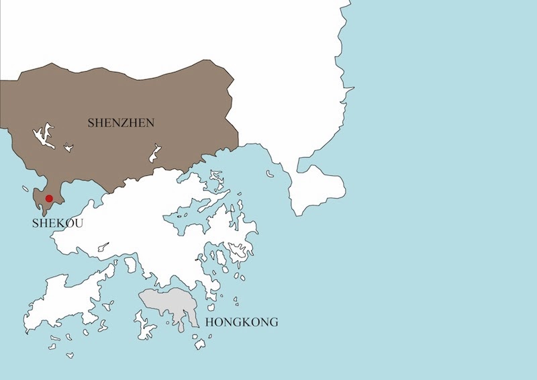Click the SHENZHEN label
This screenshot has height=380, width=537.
(121, 123)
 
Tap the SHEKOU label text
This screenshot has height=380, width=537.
(58, 224)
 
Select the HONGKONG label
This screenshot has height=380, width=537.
(241, 323)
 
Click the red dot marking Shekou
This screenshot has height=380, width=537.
(49, 198)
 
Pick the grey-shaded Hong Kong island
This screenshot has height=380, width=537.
(168, 305)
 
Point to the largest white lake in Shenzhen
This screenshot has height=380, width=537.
(42, 136)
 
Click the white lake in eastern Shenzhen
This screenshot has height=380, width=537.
(155, 153)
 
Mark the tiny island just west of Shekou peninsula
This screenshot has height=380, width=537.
(26, 189)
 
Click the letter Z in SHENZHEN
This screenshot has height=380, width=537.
(125, 123)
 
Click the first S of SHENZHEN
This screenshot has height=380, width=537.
(91, 123)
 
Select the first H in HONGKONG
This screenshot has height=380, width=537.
(210, 323)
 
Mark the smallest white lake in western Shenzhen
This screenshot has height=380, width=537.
(68, 147)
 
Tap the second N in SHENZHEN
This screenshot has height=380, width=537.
(151, 123)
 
